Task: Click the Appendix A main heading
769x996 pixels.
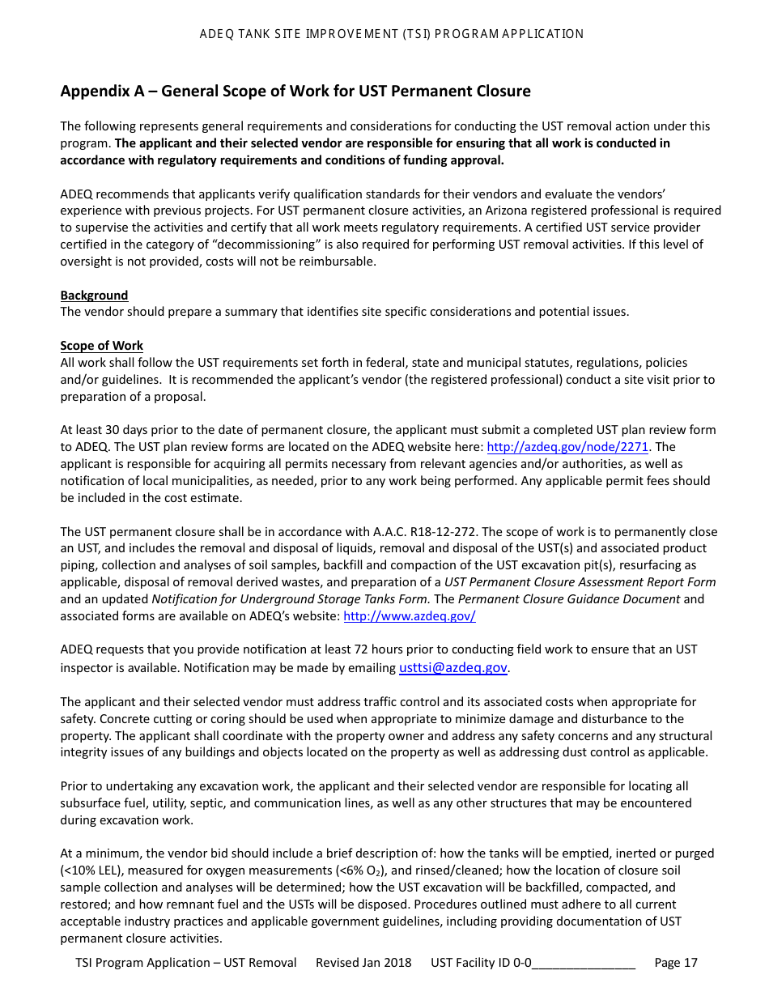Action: click(295, 91)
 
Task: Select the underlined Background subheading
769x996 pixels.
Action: click(94, 296)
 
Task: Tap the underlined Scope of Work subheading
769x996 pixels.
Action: click(101, 346)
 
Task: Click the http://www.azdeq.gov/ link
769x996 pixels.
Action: click(410, 616)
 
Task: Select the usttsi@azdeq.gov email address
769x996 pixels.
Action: click(453, 668)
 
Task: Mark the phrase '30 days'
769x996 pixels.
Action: click(120, 430)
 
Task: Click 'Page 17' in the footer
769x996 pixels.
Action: click(675, 963)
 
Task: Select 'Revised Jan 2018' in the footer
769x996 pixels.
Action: click(363, 963)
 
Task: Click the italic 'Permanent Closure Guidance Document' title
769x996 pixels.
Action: click(569, 599)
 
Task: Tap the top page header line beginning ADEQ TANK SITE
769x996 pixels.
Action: click(391, 34)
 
